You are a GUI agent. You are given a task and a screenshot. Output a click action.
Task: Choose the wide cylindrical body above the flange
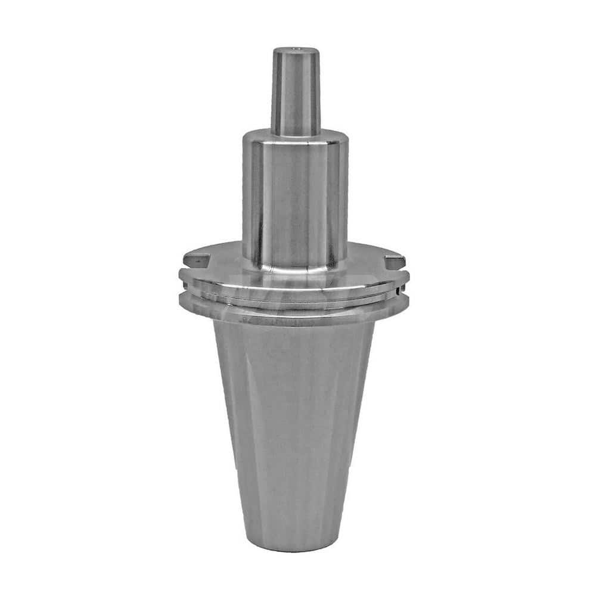[295, 197]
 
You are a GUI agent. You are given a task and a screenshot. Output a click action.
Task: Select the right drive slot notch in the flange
[395, 260]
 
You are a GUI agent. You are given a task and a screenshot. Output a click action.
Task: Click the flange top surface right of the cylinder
[370, 256]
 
